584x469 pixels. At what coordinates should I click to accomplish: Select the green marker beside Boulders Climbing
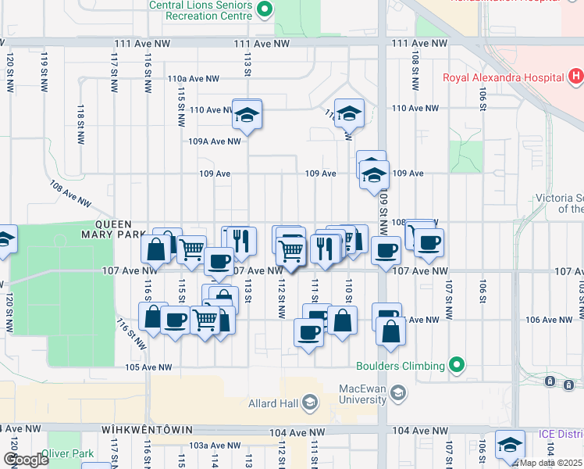458,365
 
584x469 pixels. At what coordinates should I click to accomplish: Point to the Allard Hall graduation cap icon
310,403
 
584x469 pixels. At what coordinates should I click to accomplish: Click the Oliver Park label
72,453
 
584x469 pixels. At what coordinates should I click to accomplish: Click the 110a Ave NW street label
193,79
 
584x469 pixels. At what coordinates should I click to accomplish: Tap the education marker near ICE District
510,445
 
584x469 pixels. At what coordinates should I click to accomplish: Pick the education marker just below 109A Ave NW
247,116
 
